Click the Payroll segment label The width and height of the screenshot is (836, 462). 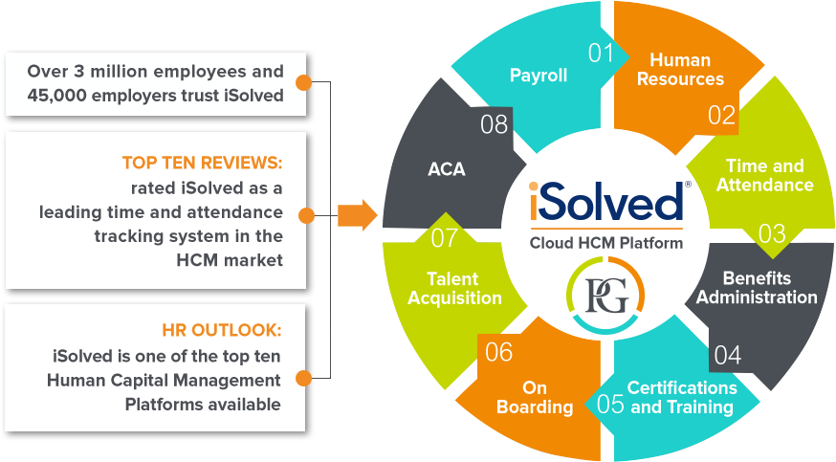539,76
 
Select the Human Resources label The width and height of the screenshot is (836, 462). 680,69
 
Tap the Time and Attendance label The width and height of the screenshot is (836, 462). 764,175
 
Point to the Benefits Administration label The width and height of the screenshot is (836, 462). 757,287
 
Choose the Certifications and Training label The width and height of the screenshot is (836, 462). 682,397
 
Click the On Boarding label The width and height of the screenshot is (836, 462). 535,397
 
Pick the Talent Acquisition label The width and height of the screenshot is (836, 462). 454,288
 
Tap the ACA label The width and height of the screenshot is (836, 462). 446,169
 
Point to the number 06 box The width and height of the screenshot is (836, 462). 498,352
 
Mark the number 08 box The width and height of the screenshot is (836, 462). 494,123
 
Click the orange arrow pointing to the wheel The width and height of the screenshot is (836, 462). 357,214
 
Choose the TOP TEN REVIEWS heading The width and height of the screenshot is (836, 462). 203,163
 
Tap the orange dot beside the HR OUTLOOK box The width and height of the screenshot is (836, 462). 302,379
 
